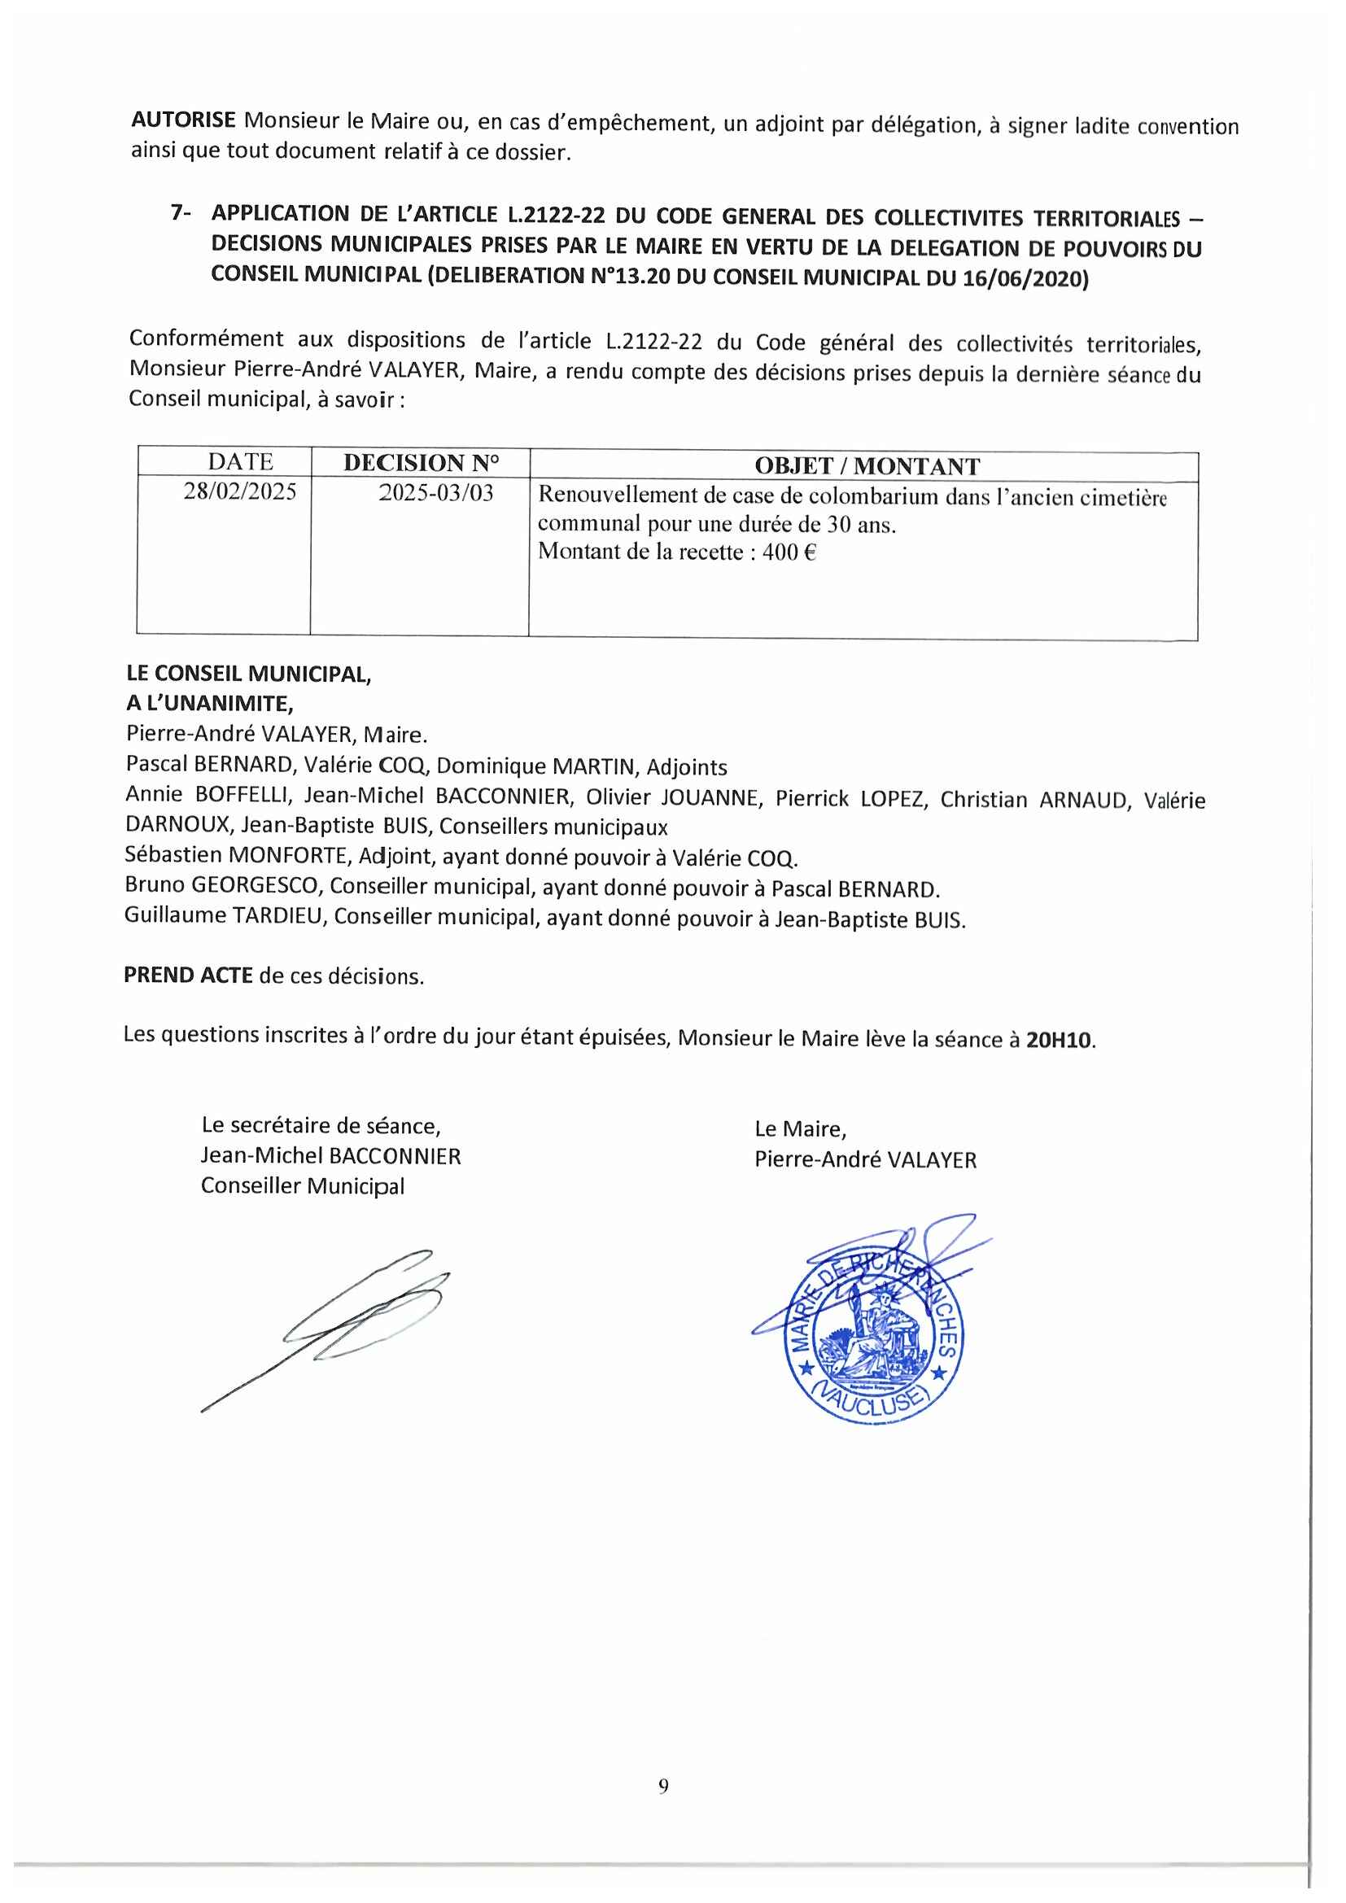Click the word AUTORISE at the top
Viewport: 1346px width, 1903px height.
tap(183, 120)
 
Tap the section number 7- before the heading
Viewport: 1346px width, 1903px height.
tap(181, 213)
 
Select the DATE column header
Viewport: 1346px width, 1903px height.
tap(240, 461)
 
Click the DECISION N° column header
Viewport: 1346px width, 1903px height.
tap(421, 462)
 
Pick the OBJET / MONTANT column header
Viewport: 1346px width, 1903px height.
tap(867, 466)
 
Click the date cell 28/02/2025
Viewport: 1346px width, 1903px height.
tap(240, 491)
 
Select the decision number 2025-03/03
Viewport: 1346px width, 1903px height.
tap(436, 493)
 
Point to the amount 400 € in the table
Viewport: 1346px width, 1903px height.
tap(789, 552)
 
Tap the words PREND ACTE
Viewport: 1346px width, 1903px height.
tap(188, 975)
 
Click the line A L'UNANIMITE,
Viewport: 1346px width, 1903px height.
tap(210, 704)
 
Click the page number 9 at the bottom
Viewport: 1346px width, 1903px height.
tap(663, 1786)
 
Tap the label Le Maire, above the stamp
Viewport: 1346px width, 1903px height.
tap(800, 1129)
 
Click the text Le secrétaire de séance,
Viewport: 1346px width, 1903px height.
tap(321, 1125)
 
